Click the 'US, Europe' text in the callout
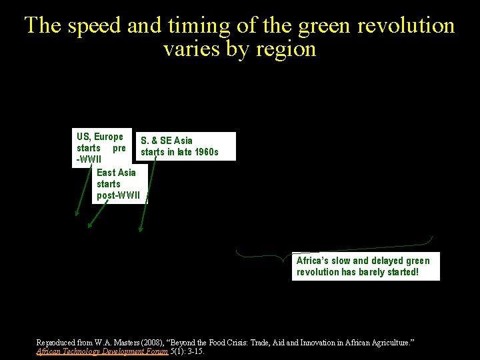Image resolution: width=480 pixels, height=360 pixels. pyautogui.click(x=100, y=137)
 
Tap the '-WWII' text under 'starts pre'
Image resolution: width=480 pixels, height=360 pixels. pyautogui.click(x=89, y=160)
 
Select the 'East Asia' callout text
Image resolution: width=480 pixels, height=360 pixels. pyautogui.click(x=116, y=172)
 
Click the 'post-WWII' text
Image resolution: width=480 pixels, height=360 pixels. pyautogui.click(x=119, y=195)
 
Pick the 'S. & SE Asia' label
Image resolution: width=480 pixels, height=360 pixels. pyautogui.click(x=167, y=141)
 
